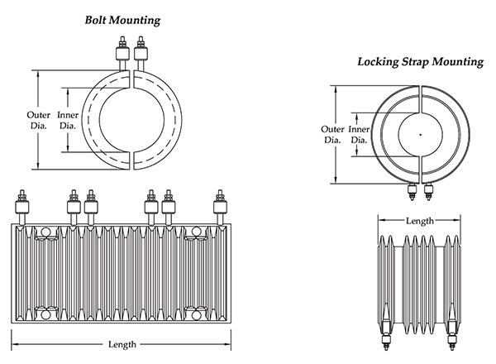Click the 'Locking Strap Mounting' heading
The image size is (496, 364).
tap(419, 61)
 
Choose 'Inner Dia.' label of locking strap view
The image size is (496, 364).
tap(359, 135)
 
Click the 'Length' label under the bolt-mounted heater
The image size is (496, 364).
tap(123, 344)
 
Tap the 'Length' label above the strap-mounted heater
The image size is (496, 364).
tap(419, 221)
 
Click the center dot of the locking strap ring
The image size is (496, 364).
tap(420, 134)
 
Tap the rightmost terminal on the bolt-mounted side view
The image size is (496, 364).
tap(220, 207)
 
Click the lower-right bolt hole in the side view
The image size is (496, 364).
tap(199, 313)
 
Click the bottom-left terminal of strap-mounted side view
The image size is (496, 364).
tap(385, 338)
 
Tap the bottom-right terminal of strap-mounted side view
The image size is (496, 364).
tap(453, 338)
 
